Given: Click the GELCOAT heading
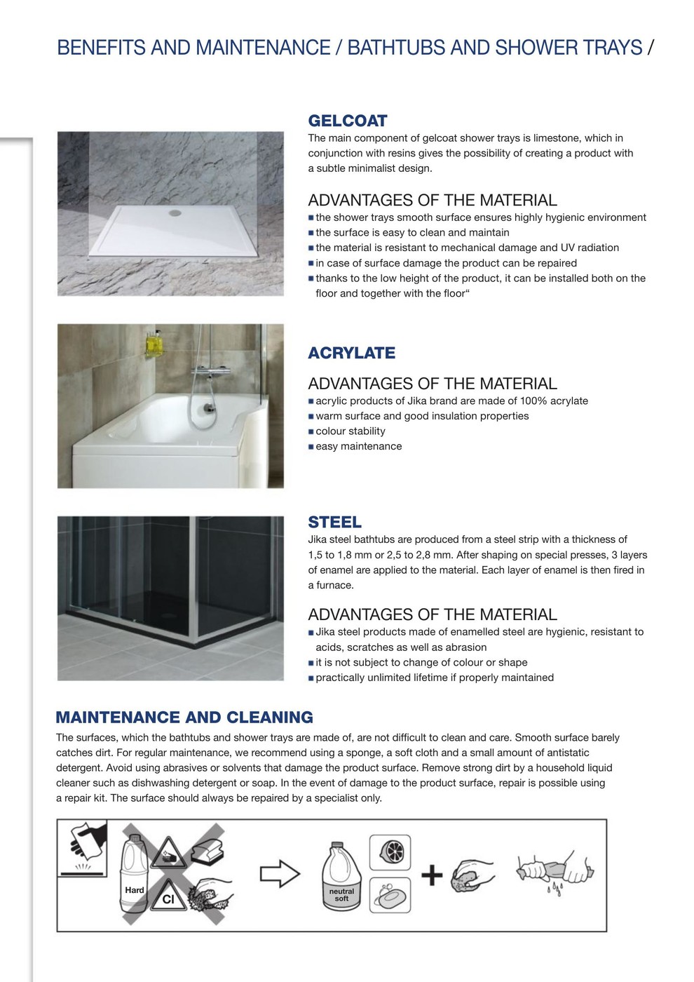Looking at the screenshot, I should click(348, 121).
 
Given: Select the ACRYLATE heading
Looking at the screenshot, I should click(351, 353).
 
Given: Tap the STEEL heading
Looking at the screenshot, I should click(334, 523).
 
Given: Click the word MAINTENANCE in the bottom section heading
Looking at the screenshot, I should click(118, 718).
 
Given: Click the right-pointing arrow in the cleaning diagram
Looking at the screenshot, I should click(280, 874).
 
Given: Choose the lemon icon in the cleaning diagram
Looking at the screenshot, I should click(389, 852).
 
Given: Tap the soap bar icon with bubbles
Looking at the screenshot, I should click(389, 896).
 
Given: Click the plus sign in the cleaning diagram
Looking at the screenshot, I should click(432, 875).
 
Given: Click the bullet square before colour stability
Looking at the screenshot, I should click(311, 431).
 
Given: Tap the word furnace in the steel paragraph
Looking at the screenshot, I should click(335, 586).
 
